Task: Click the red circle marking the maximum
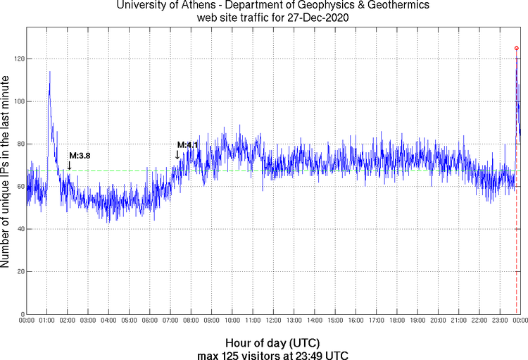517,48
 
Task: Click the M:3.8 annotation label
80,155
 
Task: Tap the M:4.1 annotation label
187,145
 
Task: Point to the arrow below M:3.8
69,165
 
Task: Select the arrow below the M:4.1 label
177,155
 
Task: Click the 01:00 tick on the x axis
46,321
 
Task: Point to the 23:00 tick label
500,321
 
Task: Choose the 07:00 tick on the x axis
170,321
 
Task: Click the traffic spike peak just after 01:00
49,72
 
